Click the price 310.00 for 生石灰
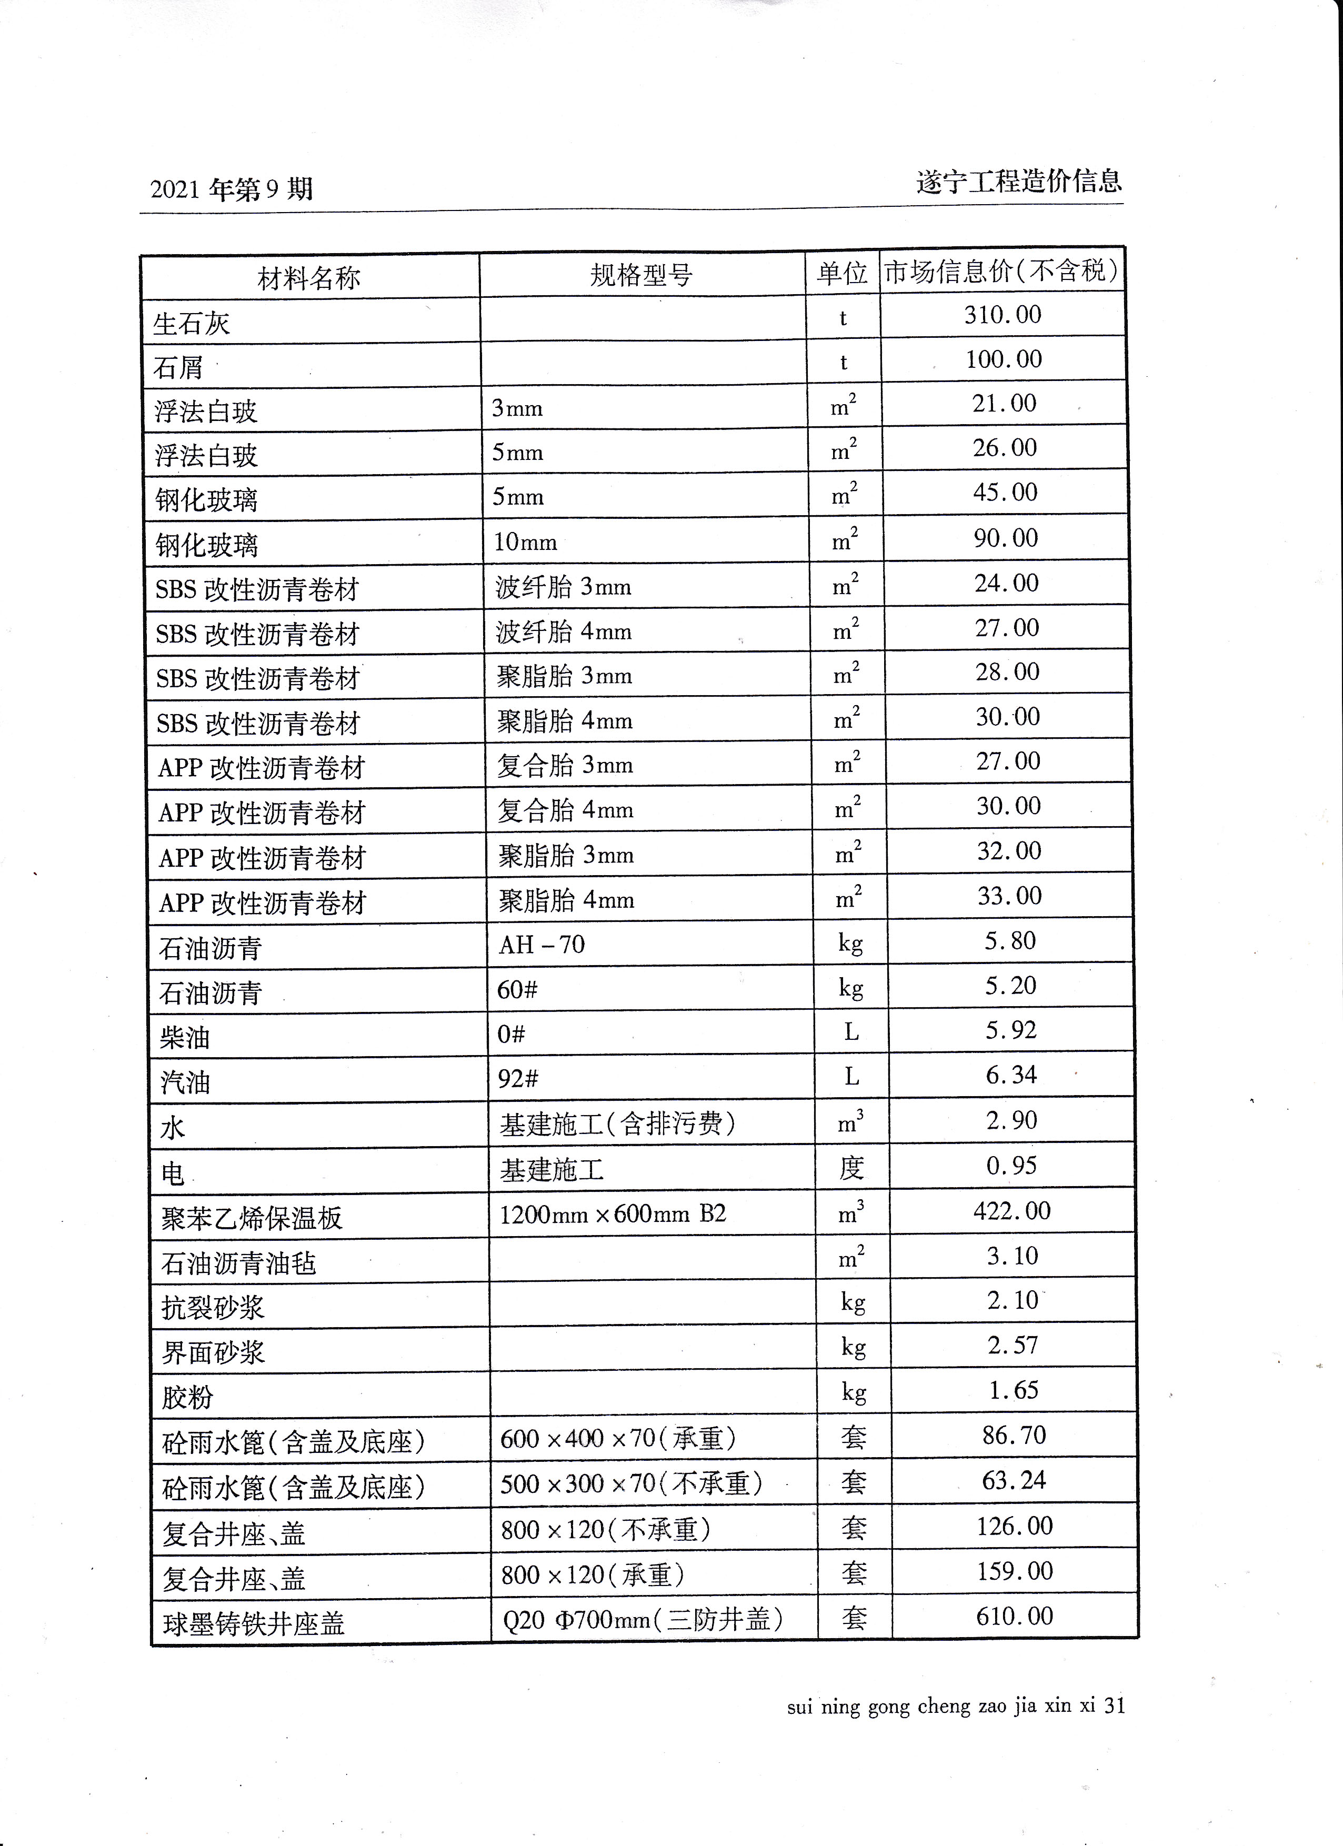pyautogui.click(x=1002, y=315)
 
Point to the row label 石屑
pyautogui.click(x=178, y=368)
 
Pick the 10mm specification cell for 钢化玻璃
pyautogui.click(x=526, y=542)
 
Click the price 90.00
pyautogui.click(x=1006, y=538)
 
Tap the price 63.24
pyautogui.click(x=1014, y=1480)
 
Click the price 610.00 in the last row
pyautogui.click(x=1014, y=1616)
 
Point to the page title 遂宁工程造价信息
pyautogui.click(x=1018, y=180)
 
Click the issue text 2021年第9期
pyautogui.click(x=231, y=189)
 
